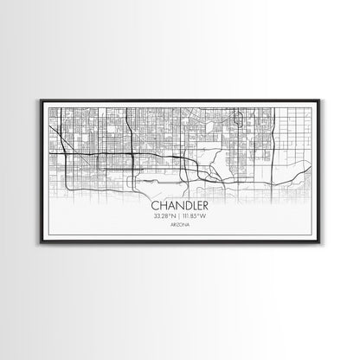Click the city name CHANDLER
[179, 206]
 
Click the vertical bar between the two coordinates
[179, 216]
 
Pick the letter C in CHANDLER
[155, 206]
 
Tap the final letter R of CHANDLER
[205, 206]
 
